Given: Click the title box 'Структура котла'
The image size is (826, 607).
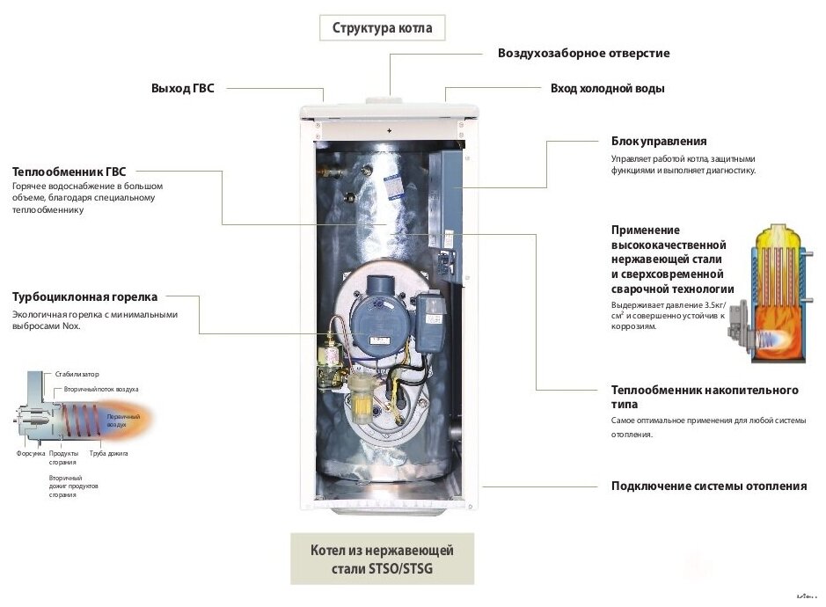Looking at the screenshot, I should (382, 28).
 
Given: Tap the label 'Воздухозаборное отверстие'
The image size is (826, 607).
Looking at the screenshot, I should (583, 54).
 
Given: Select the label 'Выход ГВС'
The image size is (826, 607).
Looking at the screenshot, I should (182, 89).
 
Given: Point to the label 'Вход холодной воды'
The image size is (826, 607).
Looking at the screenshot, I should (607, 89).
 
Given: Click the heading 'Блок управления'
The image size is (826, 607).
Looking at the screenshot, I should (659, 142).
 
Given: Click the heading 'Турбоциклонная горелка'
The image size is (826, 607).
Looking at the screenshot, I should (84, 297).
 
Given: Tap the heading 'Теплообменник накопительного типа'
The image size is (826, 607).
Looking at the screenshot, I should (705, 397).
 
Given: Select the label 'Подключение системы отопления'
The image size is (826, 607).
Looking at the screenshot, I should (708, 486).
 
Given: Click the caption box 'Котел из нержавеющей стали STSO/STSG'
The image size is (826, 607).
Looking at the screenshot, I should (382, 559).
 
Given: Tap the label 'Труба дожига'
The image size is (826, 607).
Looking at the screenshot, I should (109, 454).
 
